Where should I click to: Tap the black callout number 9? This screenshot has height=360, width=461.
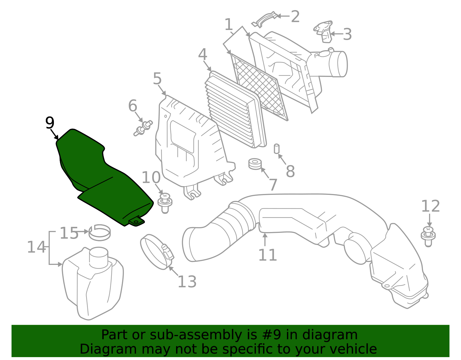50,123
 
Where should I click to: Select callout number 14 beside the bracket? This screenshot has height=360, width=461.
36,247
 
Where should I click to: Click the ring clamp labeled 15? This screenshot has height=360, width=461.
100,232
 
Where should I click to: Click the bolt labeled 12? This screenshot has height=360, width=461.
428,236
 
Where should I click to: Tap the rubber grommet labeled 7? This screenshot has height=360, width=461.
255,164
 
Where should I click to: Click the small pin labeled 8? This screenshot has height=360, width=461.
277,149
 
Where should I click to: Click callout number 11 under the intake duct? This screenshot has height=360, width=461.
267,255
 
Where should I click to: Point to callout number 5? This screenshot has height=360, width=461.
157,79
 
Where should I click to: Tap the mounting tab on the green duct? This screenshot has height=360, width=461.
136,222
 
